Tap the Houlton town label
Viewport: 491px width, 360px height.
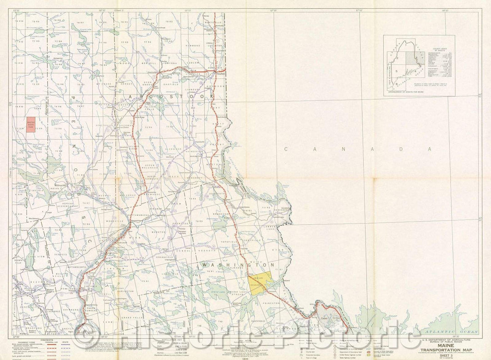(221, 74)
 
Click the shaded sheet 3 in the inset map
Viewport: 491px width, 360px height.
(413, 59)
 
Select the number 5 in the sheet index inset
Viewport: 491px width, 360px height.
(396, 72)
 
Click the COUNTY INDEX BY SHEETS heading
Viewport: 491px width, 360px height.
(437, 50)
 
